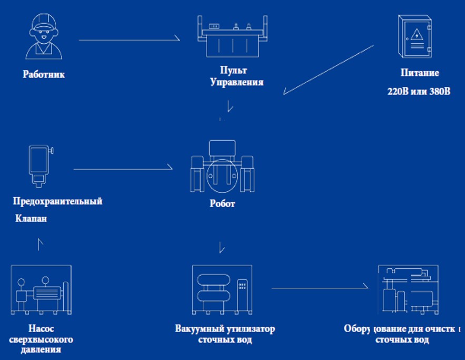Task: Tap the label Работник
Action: tap(44, 74)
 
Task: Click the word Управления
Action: tap(236, 82)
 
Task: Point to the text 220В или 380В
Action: tap(419, 91)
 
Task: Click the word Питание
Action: tap(420, 73)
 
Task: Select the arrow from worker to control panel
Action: tap(129, 40)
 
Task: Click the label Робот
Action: tap(222, 204)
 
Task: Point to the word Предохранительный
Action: tap(58, 201)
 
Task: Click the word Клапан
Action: tap(31, 218)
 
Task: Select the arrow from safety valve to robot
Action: tap(123, 169)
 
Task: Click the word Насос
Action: tap(41, 328)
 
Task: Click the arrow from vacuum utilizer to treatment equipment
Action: tap(319, 288)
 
